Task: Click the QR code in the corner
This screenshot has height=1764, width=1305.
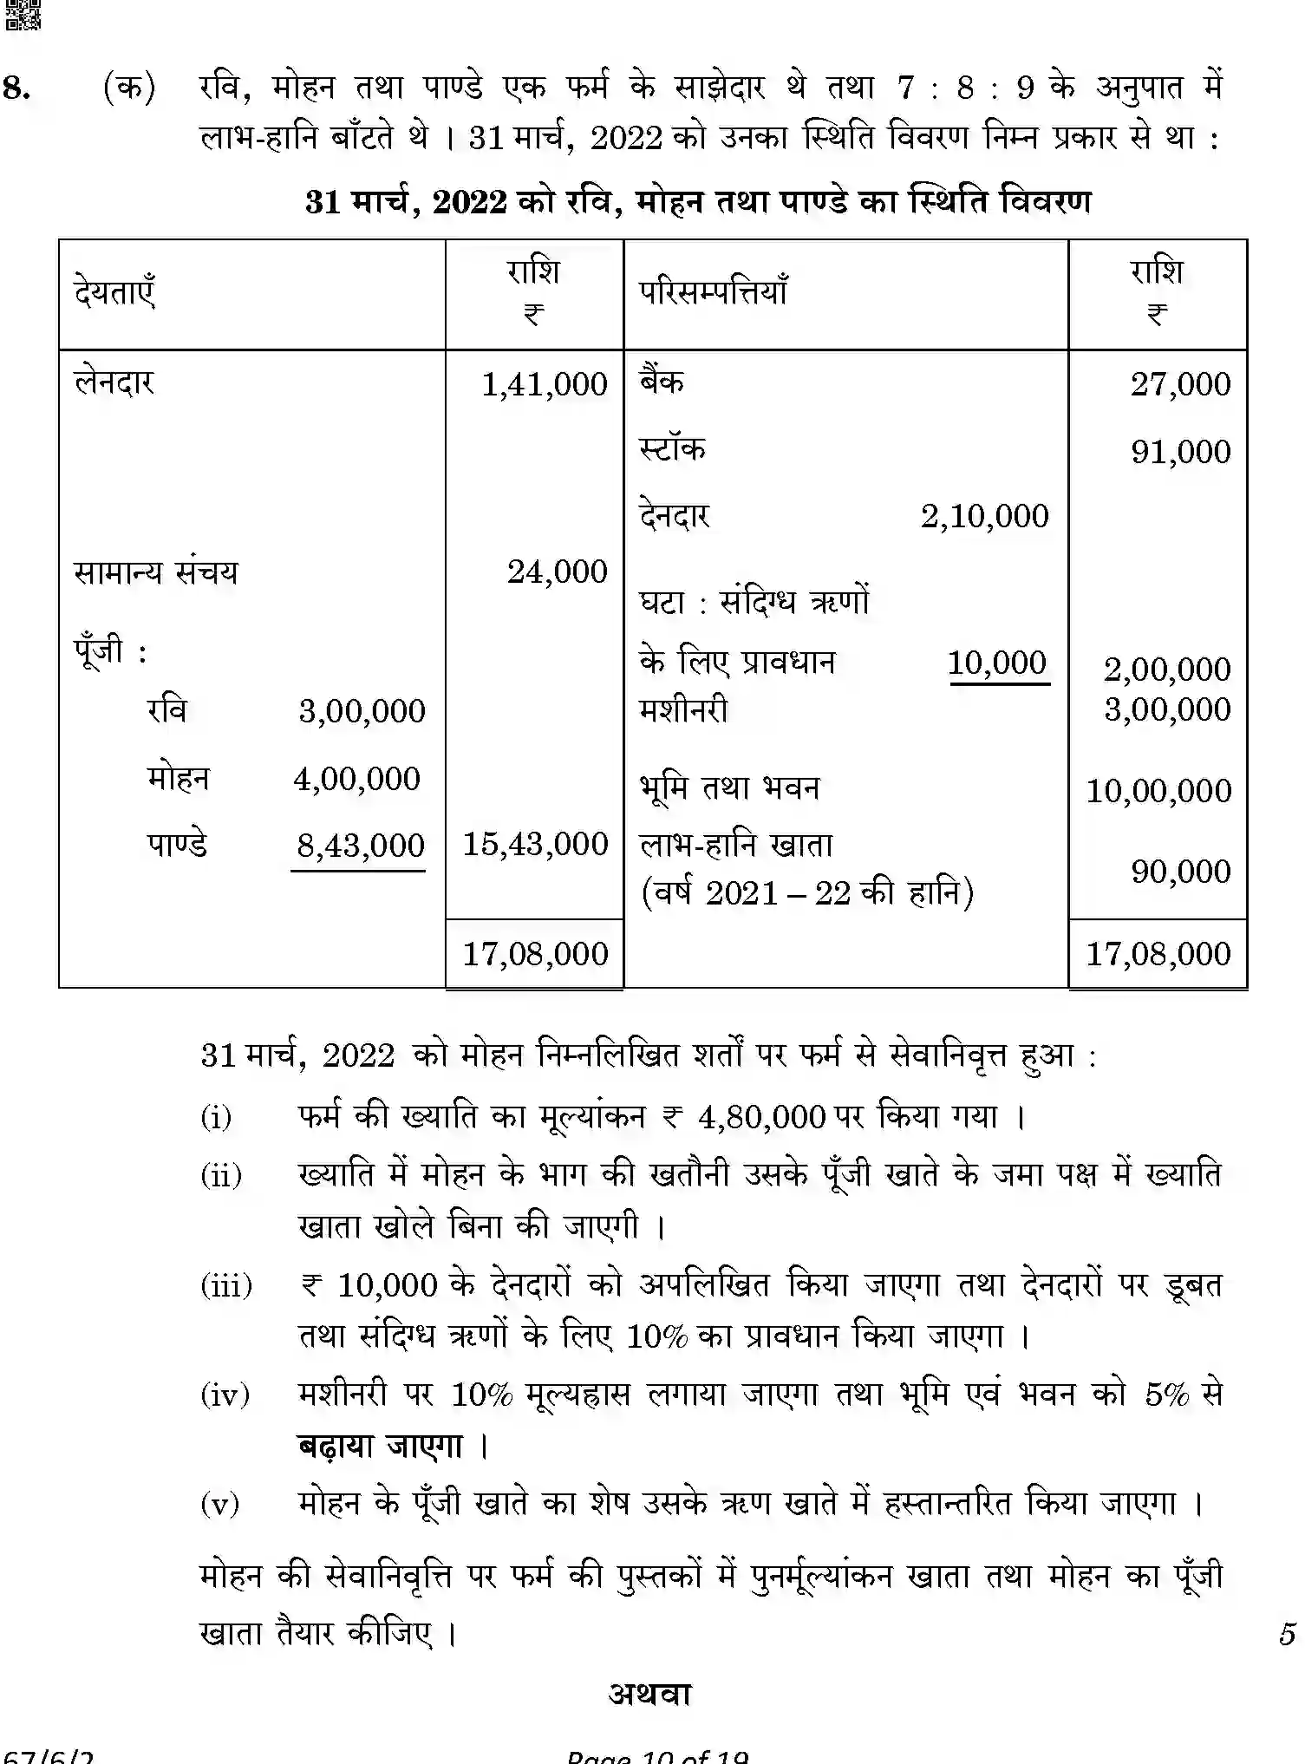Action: click(x=22, y=15)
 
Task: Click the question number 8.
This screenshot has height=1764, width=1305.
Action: click(x=16, y=88)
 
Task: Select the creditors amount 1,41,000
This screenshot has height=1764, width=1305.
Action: click(x=545, y=384)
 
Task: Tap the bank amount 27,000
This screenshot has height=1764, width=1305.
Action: click(x=1179, y=384)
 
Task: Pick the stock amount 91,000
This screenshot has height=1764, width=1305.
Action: click(x=1180, y=452)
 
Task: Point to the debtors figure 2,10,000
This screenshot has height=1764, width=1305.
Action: click(x=984, y=516)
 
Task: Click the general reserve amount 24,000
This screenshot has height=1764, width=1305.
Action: click(x=557, y=572)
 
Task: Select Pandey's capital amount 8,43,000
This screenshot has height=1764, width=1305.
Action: click(x=361, y=846)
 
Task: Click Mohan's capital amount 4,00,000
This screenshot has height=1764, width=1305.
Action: click(x=357, y=779)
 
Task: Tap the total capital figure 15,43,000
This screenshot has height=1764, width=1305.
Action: click(x=535, y=844)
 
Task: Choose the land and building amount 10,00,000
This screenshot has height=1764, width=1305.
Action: click(x=1158, y=791)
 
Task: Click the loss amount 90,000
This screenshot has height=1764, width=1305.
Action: click(x=1180, y=872)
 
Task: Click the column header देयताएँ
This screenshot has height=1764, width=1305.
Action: click(x=114, y=291)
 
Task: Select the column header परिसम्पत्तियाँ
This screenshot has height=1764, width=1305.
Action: click(x=713, y=292)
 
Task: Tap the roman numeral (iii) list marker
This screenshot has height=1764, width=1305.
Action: click(x=226, y=1284)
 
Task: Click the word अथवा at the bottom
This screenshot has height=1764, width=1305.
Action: click(x=649, y=1694)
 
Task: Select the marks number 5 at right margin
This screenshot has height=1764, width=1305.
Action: click(x=1286, y=1634)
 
